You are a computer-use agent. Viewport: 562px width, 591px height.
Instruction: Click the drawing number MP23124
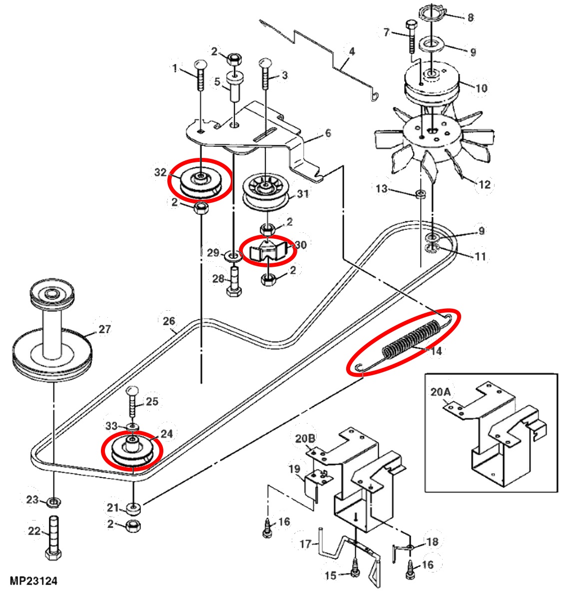(x=34, y=581)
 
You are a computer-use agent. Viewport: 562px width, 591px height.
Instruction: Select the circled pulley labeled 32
(x=200, y=181)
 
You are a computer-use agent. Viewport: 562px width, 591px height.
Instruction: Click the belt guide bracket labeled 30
(x=269, y=250)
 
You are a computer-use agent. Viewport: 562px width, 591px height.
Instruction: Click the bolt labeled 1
(x=200, y=75)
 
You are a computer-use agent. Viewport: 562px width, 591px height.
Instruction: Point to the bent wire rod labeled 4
(x=320, y=55)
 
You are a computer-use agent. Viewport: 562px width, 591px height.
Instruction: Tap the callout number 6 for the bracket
(x=328, y=133)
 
